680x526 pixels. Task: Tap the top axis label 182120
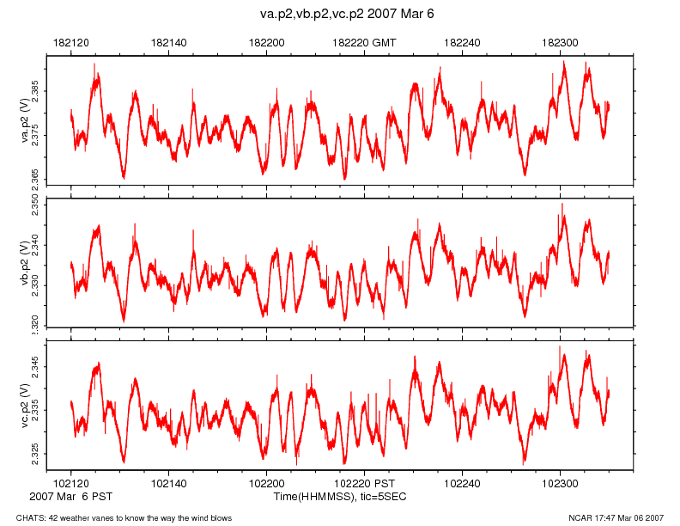tap(70, 42)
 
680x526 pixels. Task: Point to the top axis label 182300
tap(561, 42)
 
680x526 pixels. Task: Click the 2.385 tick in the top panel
tap(35, 89)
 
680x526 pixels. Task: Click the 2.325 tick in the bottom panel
tap(35, 453)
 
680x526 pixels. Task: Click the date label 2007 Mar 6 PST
tap(70, 497)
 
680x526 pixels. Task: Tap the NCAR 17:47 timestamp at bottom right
tap(616, 517)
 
